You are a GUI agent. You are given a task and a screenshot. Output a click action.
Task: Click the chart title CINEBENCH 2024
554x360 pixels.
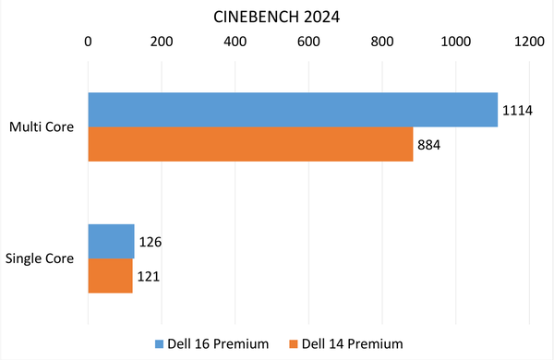click(x=276, y=16)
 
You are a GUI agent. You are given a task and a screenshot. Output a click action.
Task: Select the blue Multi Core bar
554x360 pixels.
click(x=293, y=110)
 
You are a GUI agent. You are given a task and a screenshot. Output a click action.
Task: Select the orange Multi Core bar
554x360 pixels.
click(x=250, y=144)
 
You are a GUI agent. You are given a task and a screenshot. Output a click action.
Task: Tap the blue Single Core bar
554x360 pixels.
click(x=111, y=242)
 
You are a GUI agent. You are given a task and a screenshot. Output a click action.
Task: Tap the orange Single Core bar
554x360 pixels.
click(x=110, y=276)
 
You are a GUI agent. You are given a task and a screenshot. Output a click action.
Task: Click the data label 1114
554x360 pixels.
click(x=518, y=111)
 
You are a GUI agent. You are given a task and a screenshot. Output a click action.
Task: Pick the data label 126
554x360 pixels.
click(x=150, y=243)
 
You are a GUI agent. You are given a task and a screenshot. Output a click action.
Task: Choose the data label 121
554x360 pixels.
click(x=148, y=277)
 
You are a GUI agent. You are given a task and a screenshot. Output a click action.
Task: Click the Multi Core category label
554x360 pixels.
click(x=43, y=127)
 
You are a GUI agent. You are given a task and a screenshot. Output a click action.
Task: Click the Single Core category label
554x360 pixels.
click(x=42, y=259)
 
